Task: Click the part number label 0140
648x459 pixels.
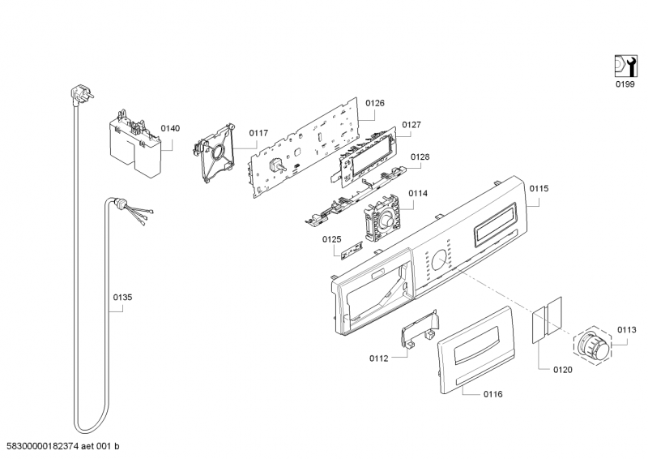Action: (170, 128)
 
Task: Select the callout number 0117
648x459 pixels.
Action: (258, 133)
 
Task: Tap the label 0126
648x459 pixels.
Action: (374, 103)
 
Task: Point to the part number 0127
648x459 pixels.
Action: (411, 125)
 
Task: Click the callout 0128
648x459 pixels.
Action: (420, 157)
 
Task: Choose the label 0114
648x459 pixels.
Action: (418, 193)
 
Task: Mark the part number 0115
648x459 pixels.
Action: (539, 188)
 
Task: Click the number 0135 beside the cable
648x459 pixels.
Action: (122, 298)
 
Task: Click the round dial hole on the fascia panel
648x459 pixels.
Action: (438, 260)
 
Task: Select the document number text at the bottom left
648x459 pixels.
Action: (63, 448)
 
